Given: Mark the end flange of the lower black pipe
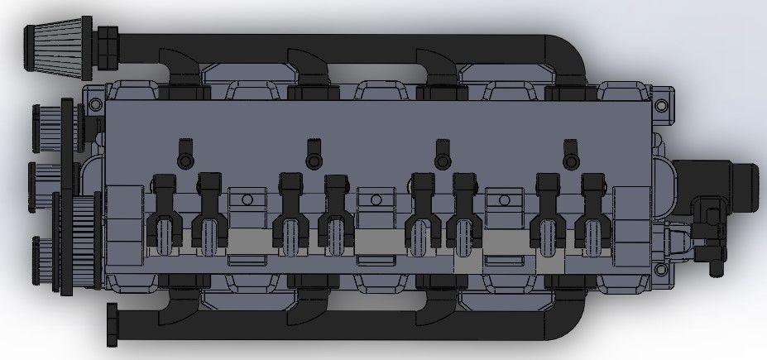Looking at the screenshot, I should tap(112, 327).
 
